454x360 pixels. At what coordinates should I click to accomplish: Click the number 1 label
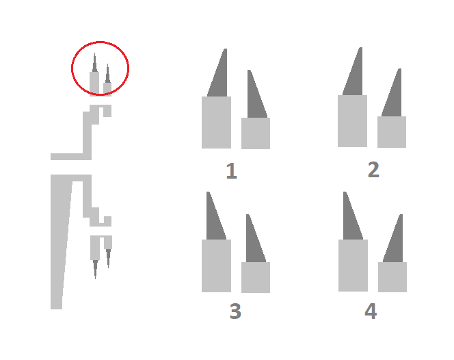pos(232,170)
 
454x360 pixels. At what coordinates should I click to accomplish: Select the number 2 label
pos(373,170)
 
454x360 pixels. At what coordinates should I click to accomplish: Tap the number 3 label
pos(235,311)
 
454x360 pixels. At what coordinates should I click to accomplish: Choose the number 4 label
pos(371,311)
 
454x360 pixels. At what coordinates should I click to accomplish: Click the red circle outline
pos(72,68)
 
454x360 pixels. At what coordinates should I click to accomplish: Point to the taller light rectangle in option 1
pos(216,123)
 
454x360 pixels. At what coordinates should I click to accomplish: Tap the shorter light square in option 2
pos(392,132)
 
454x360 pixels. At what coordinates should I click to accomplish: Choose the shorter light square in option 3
pos(256,277)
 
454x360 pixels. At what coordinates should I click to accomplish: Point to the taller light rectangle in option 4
pos(353,266)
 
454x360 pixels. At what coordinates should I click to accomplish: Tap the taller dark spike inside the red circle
pos(94,64)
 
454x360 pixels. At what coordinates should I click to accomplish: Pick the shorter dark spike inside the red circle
pos(108,75)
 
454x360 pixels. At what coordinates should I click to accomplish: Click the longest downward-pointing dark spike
pos(95,268)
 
